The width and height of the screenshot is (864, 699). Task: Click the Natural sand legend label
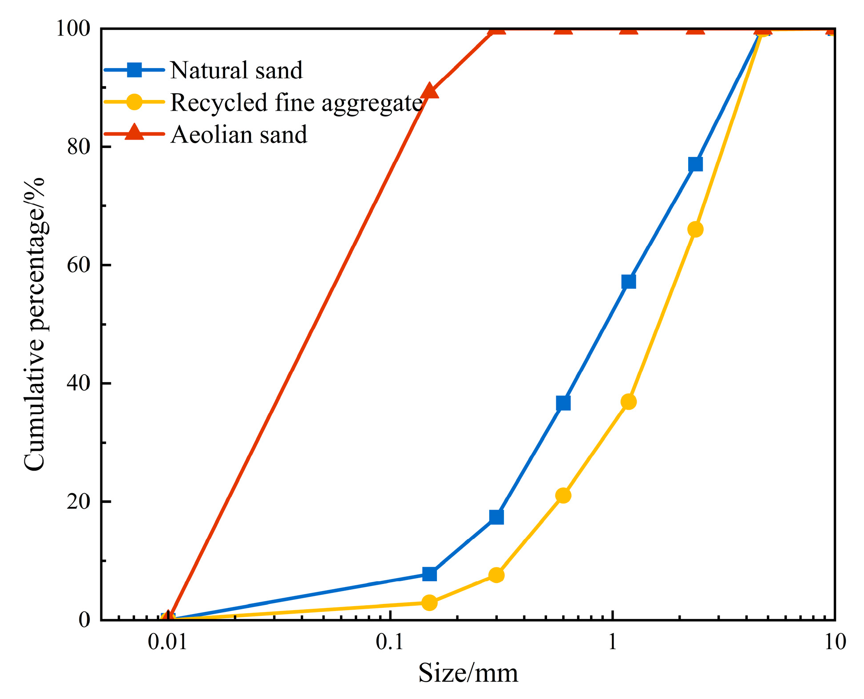(236, 70)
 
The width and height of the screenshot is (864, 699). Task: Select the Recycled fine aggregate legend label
(296, 103)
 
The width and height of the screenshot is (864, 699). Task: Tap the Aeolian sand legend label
(239, 134)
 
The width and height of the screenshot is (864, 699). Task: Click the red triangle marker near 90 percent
(429, 91)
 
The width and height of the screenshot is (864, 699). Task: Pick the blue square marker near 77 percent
(695, 164)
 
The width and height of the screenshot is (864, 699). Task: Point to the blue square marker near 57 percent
(629, 281)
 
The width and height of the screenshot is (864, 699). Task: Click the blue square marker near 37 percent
(563, 403)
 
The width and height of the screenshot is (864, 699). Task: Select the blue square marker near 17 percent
(496, 517)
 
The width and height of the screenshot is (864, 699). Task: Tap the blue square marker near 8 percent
(429, 574)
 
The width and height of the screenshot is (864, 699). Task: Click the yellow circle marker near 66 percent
(695, 229)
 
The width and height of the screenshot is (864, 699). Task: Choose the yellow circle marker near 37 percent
(629, 402)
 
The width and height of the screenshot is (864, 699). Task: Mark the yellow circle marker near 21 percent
(563, 495)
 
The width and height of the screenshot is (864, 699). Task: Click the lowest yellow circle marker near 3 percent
(429, 603)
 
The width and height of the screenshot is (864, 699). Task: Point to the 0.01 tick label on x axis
(167, 642)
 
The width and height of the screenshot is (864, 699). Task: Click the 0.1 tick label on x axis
(389, 642)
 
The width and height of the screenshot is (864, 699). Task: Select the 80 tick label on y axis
(79, 147)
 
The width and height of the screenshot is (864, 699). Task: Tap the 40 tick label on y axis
(79, 383)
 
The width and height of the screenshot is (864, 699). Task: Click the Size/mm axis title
(468, 673)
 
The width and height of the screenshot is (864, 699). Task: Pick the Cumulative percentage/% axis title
(35, 324)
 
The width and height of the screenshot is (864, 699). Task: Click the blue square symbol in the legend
(134, 70)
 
